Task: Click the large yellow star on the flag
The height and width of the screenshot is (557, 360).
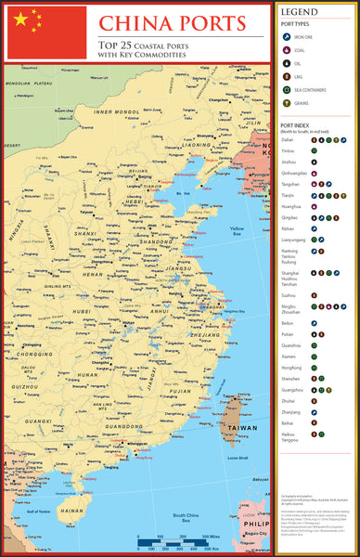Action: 20,19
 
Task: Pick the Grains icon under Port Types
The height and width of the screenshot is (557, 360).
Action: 288,102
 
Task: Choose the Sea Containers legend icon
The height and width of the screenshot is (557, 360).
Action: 288,89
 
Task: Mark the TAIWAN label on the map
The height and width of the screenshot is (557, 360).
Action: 243,429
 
